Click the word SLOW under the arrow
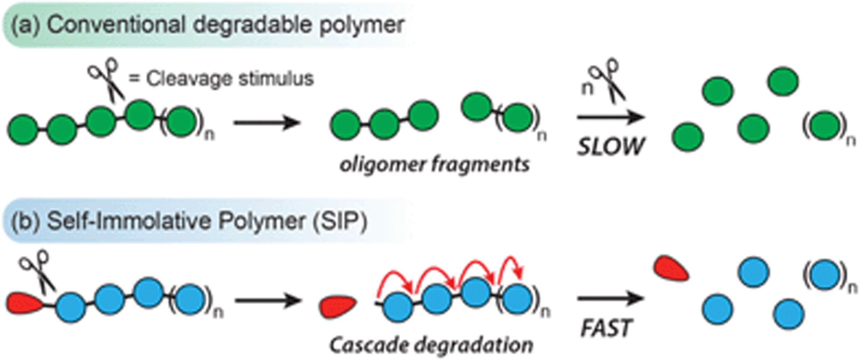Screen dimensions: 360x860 tap(610, 146)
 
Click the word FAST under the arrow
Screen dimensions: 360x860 tap(606, 328)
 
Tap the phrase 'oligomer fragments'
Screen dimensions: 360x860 tap(434, 165)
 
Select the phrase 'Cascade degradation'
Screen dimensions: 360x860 tap(431, 345)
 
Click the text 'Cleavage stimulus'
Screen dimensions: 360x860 tap(230, 79)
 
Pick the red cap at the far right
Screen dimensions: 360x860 tap(670, 269)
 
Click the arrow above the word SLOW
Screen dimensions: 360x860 tap(610, 117)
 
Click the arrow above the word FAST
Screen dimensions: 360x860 tap(610, 299)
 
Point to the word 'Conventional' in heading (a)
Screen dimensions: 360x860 tap(116, 25)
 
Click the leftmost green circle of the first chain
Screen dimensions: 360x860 tap(23, 130)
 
